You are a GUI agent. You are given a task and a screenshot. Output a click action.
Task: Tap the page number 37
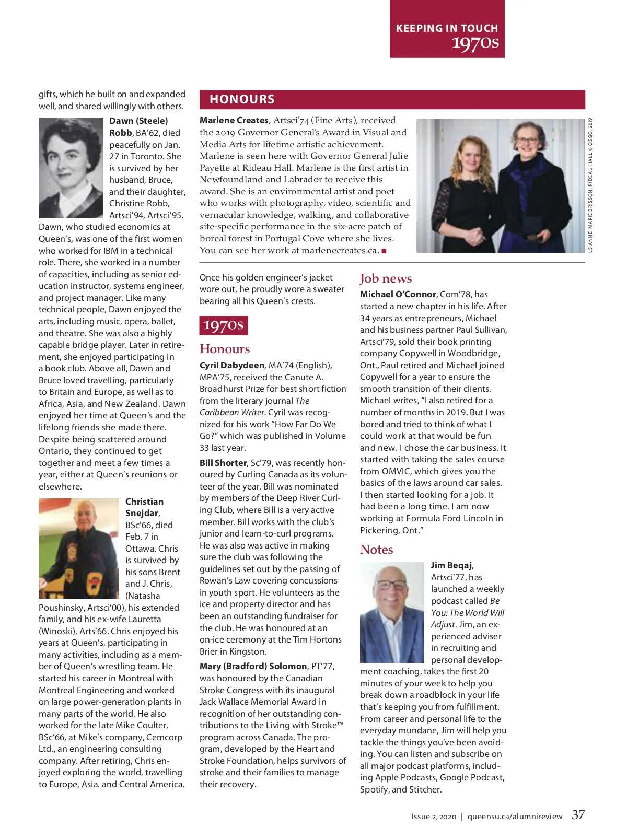tap(578, 815)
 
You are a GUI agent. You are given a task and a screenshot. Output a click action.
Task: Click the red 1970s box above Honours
tap(223, 325)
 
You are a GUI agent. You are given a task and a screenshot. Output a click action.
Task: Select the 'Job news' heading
tap(386, 278)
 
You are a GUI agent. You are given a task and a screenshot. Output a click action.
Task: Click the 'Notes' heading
tap(376, 550)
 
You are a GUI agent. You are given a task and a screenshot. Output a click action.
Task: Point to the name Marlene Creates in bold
tap(234, 120)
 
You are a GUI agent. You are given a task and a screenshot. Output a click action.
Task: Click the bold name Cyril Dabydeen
tap(232, 365)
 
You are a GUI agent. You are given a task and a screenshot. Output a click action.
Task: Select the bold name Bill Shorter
tap(223, 463)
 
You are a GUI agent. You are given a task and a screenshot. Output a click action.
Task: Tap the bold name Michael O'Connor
tap(398, 294)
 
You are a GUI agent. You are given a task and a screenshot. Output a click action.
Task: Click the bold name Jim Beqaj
tap(451, 565)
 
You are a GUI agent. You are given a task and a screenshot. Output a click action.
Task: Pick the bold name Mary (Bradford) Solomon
tap(253, 666)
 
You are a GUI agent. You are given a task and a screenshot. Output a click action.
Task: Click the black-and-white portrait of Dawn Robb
tap(71, 168)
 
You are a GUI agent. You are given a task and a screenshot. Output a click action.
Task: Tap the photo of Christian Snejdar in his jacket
tap(78, 549)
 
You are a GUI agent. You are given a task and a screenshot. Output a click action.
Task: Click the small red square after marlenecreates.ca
tap(384, 251)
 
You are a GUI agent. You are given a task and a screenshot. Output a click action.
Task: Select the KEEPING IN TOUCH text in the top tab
tap(447, 28)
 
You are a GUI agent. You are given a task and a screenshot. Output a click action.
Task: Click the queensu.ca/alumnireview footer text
tap(515, 817)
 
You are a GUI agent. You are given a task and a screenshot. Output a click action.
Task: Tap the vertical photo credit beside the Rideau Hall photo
tap(590, 185)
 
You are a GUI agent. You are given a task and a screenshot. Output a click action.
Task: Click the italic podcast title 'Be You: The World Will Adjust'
tap(468, 612)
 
